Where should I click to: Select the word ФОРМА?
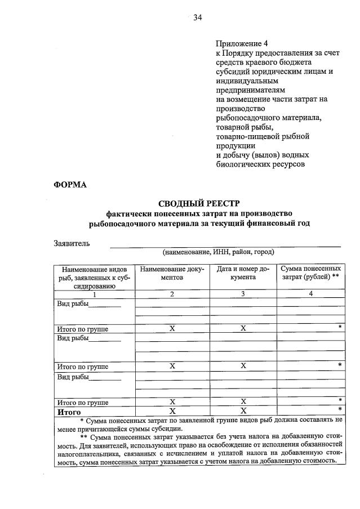pos(70,184)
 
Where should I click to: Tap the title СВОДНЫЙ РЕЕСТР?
pos(199,203)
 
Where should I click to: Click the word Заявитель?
pos(72,243)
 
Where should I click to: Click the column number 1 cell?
pos(94,294)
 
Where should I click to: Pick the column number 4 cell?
pos(310,294)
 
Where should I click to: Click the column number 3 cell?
pos(243,294)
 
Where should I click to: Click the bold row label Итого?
pos(68,412)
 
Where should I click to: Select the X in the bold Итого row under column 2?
pos(172,412)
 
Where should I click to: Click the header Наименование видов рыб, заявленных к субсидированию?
pos(94,278)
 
